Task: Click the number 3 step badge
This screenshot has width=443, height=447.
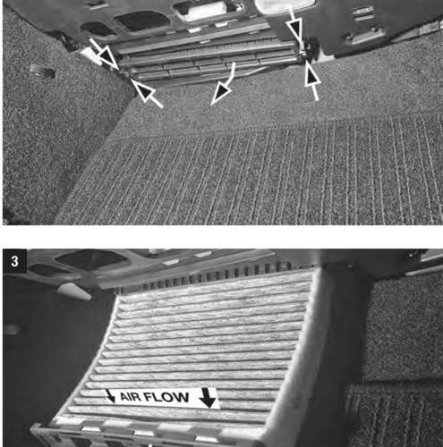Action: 14,261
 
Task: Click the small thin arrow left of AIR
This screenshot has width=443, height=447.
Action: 110,396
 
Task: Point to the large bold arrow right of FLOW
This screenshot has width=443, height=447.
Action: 208,398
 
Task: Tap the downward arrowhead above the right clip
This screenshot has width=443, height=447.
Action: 297,27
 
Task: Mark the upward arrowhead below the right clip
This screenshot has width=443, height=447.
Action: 312,80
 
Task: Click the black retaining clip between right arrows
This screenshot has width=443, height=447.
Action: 311,48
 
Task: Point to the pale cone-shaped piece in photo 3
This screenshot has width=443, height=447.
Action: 73,291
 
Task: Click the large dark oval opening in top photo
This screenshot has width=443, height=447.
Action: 141,21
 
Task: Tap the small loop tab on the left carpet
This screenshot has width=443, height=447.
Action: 42,71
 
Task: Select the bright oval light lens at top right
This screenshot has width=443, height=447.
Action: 285,5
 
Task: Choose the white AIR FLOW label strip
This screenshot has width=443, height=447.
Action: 162,398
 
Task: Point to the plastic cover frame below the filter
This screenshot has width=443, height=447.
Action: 143,434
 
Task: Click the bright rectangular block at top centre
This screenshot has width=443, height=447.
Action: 208,12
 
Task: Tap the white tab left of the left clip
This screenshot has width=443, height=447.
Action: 91,55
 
